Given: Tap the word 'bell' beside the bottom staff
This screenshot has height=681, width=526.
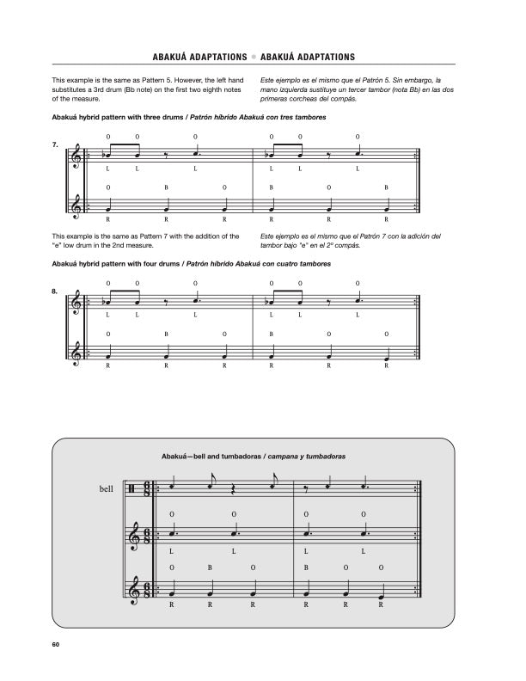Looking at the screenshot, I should coord(107,489).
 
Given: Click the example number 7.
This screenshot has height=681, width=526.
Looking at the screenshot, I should coord(55,145).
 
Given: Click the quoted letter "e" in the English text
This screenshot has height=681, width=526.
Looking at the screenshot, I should coord(57,244).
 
